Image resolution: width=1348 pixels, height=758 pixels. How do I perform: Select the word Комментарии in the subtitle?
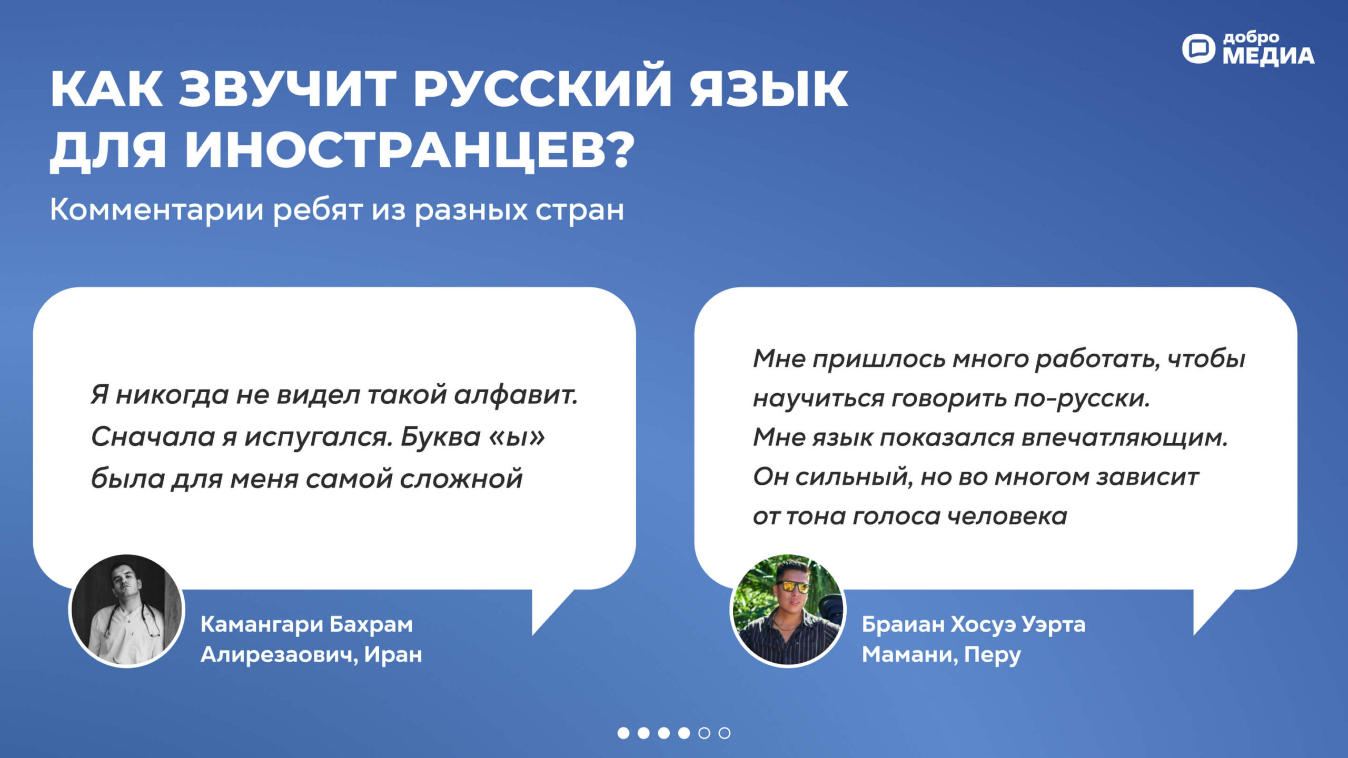coord(157,210)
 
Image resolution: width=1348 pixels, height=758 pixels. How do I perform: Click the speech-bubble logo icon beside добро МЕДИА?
coord(1198,49)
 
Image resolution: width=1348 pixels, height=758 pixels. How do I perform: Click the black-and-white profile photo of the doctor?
coord(126,611)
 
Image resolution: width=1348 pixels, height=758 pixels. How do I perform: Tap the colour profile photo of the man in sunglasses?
coord(788,611)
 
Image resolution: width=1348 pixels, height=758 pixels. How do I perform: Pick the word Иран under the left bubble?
coord(393,654)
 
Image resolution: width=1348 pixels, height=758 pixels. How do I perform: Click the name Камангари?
coord(262,625)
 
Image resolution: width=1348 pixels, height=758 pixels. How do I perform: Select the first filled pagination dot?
coord(623,733)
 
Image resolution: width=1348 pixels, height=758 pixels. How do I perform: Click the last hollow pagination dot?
coord(725,733)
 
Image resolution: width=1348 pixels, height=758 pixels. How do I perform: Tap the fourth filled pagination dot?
coord(684,733)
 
